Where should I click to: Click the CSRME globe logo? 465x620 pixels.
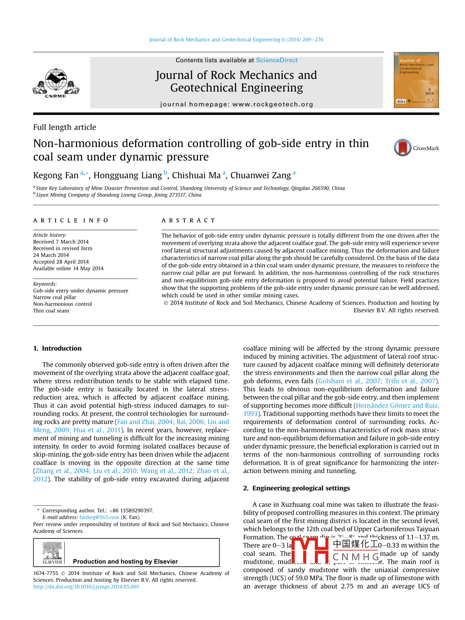[x=56, y=82]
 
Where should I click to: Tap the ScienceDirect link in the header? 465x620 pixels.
[x=277, y=60]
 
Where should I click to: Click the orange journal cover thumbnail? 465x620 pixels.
[x=416, y=80]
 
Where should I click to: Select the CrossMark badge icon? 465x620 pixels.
[x=403, y=148]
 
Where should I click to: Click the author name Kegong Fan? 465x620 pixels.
[x=56, y=175]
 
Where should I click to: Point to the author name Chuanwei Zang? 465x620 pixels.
[x=260, y=175]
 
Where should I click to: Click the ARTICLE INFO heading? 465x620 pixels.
[x=71, y=220]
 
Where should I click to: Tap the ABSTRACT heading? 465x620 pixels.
[x=188, y=220]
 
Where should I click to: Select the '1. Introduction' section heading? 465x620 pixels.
[x=57, y=348]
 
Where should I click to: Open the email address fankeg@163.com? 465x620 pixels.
[x=99, y=517]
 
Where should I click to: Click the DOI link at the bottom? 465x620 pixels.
[x=86, y=587]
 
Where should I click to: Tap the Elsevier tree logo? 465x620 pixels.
[x=52, y=552]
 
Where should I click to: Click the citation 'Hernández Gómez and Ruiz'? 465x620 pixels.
[x=397, y=405]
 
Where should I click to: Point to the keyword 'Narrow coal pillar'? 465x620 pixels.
[x=55, y=297]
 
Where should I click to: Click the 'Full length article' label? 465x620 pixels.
[x=65, y=127]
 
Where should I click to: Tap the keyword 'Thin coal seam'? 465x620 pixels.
[x=51, y=311]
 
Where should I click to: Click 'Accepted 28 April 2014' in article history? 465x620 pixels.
[x=61, y=262]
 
